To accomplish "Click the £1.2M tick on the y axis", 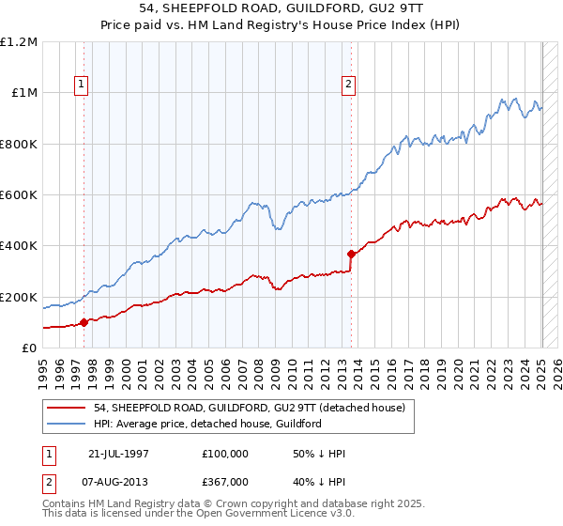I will pyautogui.click(x=19, y=42).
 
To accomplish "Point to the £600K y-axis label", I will pyautogui.click(x=19, y=195).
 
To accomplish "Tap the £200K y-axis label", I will pyautogui.click(x=19, y=297).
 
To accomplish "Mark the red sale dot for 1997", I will pyautogui.click(x=84, y=322).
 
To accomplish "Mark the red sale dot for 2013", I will pyautogui.click(x=351, y=254).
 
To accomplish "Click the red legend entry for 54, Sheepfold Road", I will pyautogui.click(x=249, y=408).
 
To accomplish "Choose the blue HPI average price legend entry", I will pyautogui.click(x=207, y=424).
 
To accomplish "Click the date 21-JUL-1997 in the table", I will pyautogui.click(x=116, y=454).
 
